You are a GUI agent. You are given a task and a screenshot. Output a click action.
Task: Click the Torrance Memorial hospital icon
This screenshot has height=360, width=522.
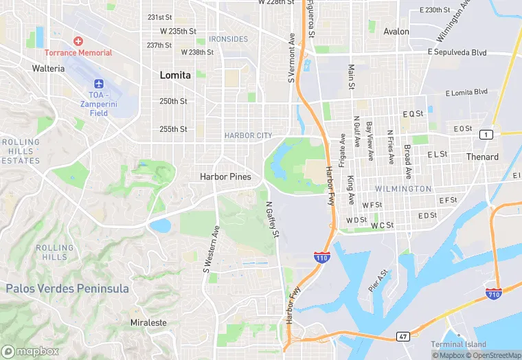tap(78, 42)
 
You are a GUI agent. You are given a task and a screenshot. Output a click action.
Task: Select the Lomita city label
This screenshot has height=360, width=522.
tap(175, 75)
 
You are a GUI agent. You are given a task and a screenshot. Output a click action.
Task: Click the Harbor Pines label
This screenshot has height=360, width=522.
tap(225, 177)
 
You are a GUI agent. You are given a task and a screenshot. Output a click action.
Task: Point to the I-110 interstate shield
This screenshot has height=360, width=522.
tap(322, 258)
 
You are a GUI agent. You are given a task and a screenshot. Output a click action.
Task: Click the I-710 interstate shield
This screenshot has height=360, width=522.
tap(494, 294)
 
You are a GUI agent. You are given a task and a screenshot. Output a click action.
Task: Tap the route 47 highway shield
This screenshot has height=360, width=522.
tap(403, 337)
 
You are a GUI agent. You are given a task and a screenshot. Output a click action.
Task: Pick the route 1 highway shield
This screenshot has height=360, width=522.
tap(486, 134)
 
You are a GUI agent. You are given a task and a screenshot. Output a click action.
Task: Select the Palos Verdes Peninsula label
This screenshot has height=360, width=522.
tap(67, 289)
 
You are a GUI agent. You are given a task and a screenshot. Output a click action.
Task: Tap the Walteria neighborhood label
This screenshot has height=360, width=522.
tap(48, 68)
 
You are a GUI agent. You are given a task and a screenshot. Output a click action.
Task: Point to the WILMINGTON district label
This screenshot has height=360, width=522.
tap(403, 188)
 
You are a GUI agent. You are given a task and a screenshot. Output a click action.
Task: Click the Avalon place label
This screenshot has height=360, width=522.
tap(396, 32)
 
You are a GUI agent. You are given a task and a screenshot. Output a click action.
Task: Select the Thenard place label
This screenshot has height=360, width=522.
tap(482, 157)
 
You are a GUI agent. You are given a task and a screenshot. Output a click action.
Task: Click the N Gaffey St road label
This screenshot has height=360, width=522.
tap(272, 220)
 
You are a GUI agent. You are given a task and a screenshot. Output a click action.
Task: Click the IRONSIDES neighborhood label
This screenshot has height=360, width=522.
tap(228, 39)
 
